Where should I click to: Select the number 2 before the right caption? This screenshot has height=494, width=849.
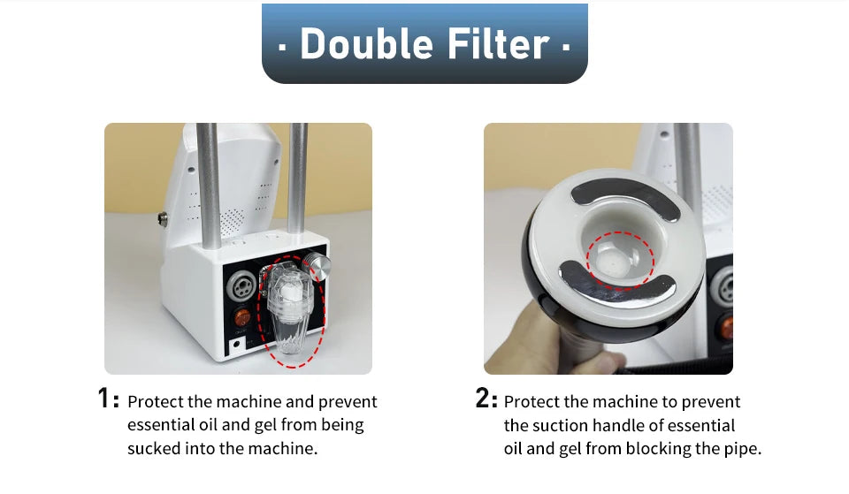[483, 399]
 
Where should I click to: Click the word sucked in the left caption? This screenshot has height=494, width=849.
[154, 449]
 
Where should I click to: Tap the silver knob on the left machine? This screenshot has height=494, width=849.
[317, 266]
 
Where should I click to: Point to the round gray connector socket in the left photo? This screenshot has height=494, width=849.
[241, 286]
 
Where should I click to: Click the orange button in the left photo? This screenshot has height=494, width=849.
[242, 317]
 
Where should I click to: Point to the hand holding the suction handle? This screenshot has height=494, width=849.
[547, 342]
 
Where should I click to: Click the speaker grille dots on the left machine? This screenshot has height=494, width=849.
[233, 222]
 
